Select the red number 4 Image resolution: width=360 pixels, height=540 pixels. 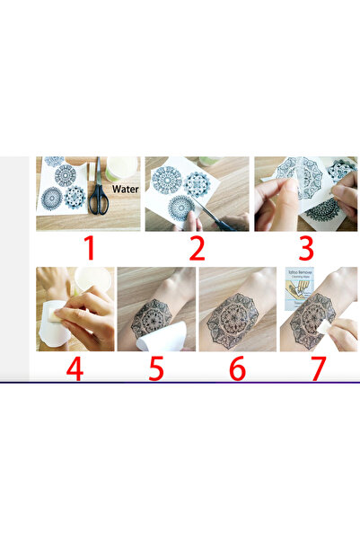point(75,368)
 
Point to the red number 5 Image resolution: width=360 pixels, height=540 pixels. point(156,368)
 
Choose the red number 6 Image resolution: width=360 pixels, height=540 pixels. point(238,368)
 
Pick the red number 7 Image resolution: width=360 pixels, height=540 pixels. point(319,368)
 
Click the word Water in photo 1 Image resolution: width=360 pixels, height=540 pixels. point(125,190)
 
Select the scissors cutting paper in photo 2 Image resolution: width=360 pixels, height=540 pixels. point(212,213)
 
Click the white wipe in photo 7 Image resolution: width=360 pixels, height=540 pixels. point(315,322)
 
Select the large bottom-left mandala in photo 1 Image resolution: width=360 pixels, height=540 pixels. point(51,198)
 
